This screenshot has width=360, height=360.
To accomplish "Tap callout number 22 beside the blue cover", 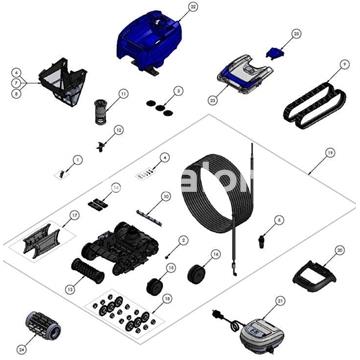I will pyautogui.click(x=193, y=7).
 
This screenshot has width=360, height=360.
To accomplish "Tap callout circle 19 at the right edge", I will pyautogui.click(x=329, y=153).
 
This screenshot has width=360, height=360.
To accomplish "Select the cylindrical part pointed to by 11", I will pyautogui.click(x=99, y=107).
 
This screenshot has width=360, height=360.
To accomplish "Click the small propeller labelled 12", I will pyautogui.click(x=102, y=144).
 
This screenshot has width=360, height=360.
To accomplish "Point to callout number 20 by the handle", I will pyautogui.click(x=339, y=250).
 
